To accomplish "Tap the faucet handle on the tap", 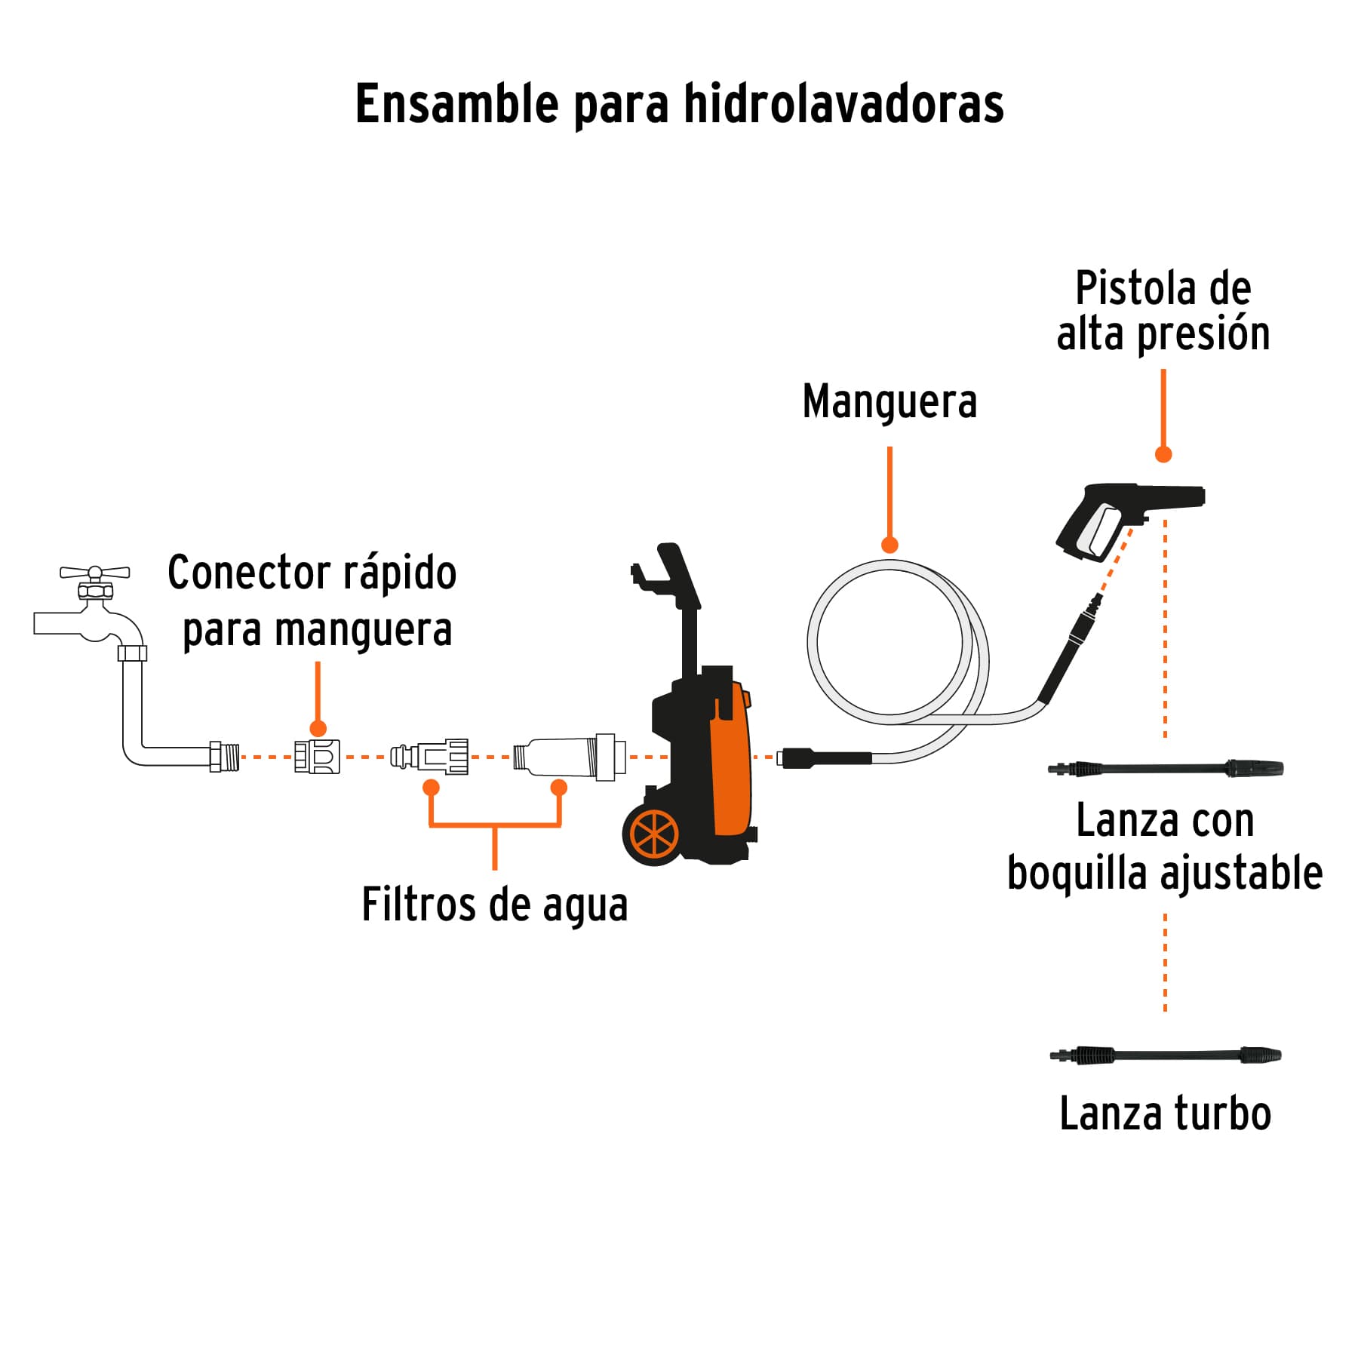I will (x=95, y=572).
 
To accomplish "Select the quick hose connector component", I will (x=317, y=756).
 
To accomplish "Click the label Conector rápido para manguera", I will (x=312, y=601).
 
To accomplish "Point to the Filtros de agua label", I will (x=494, y=905).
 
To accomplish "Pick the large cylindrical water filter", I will (x=570, y=756).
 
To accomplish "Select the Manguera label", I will (x=889, y=401).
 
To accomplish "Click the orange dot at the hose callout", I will (x=889, y=545).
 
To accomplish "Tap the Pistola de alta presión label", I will (x=1163, y=311).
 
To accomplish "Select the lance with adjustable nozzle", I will (x=1166, y=769).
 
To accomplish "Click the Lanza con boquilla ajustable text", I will (x=1165, y=846).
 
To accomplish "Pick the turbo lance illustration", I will (x=1166, y=1055).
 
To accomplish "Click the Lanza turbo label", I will (x=1165, y=1114).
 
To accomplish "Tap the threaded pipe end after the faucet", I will (x=225, y=756).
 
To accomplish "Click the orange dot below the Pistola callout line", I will (x=1163, y=454).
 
